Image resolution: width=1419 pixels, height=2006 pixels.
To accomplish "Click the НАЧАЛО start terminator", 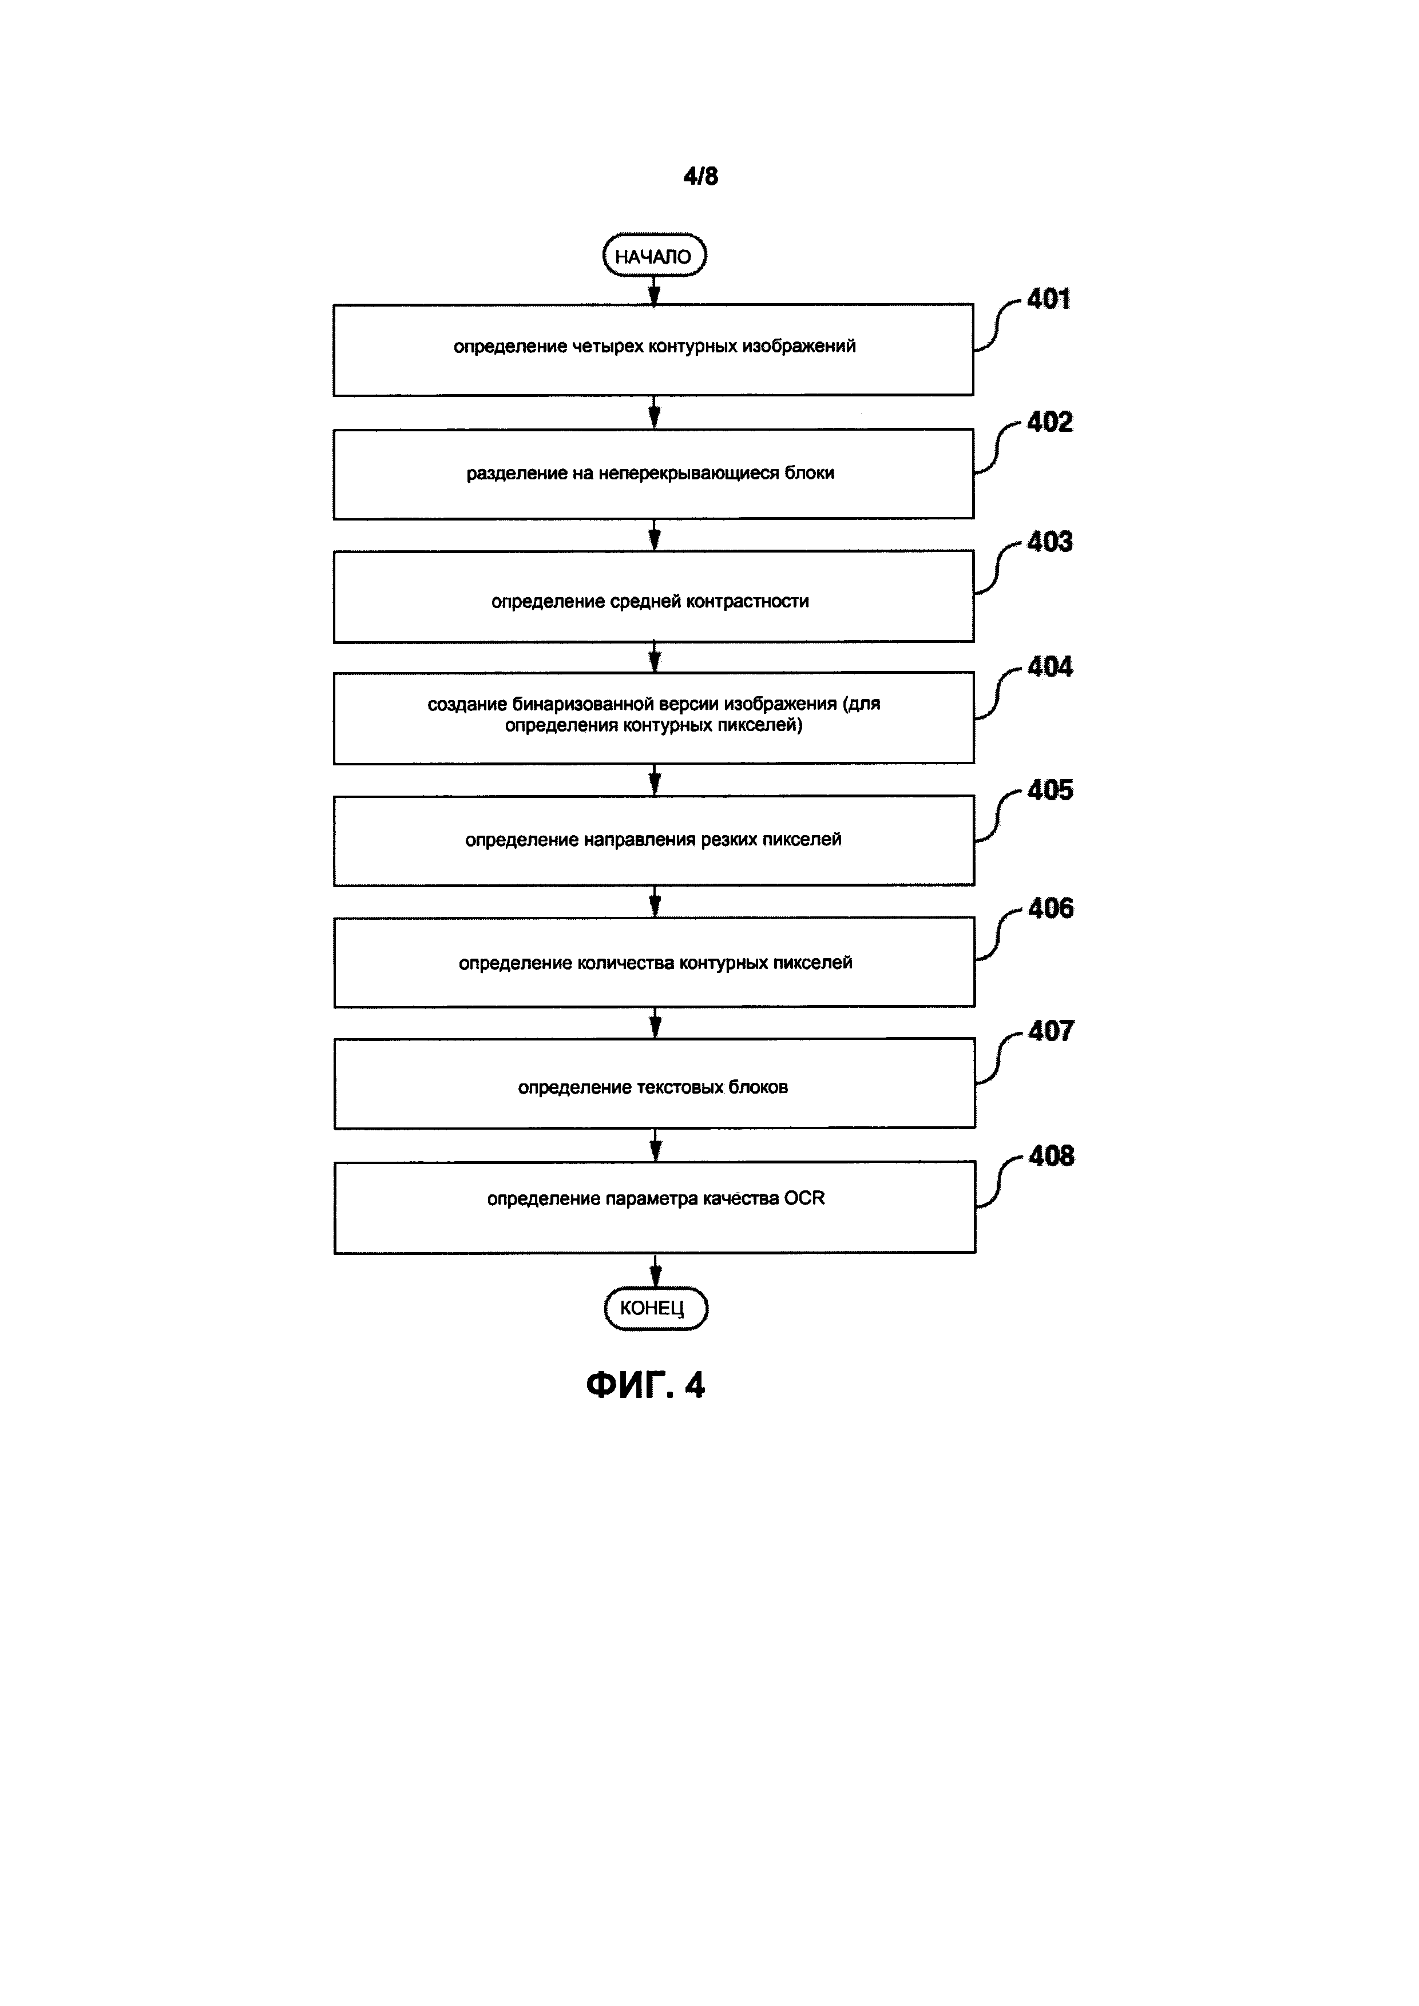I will point(653,256).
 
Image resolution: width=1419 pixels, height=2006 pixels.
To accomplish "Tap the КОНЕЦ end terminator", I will point(655,1308).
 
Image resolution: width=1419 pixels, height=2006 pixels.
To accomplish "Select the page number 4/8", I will point(701,177).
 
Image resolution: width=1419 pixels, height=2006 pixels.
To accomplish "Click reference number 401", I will point(1049,300).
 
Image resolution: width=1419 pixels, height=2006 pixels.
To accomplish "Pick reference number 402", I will point(1049,423).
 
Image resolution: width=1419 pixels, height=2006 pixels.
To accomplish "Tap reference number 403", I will point(1049,543).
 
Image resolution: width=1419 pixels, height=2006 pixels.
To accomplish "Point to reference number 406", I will point(1051,909).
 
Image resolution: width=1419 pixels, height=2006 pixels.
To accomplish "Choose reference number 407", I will point(1051,1032).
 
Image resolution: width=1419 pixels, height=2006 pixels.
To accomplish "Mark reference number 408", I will point(1051,1157).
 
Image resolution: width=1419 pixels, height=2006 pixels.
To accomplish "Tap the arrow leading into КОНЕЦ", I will point(655,1271).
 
